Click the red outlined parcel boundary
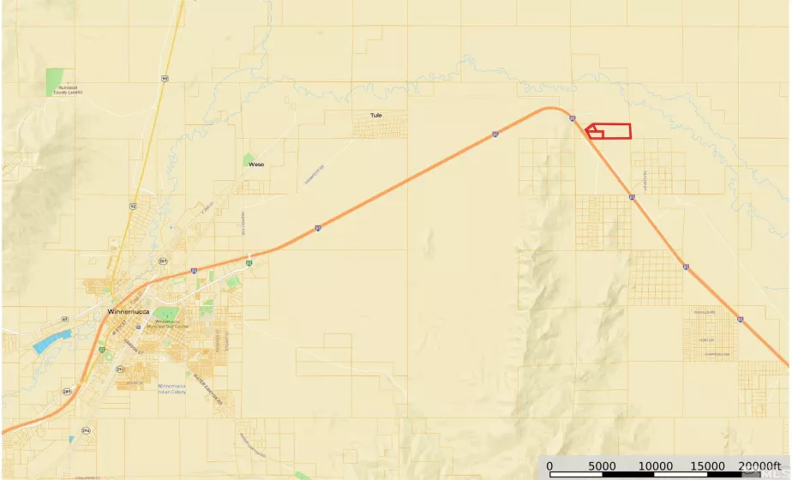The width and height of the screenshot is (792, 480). click(x=609, y=131)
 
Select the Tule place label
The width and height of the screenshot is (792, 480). click(x=375, y=115)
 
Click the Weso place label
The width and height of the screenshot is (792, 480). click(x=255, y=164)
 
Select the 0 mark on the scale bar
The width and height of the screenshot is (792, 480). click(x=549, y=465)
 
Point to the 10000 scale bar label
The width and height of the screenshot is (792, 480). click(x=656, y=465)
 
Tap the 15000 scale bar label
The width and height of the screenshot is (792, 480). click(x=708, y=465)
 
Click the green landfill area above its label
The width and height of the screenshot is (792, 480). click(x=55, y=81)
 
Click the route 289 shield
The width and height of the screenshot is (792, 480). click(x=67, y=391)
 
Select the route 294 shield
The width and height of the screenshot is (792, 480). click(x=85, y=429)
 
